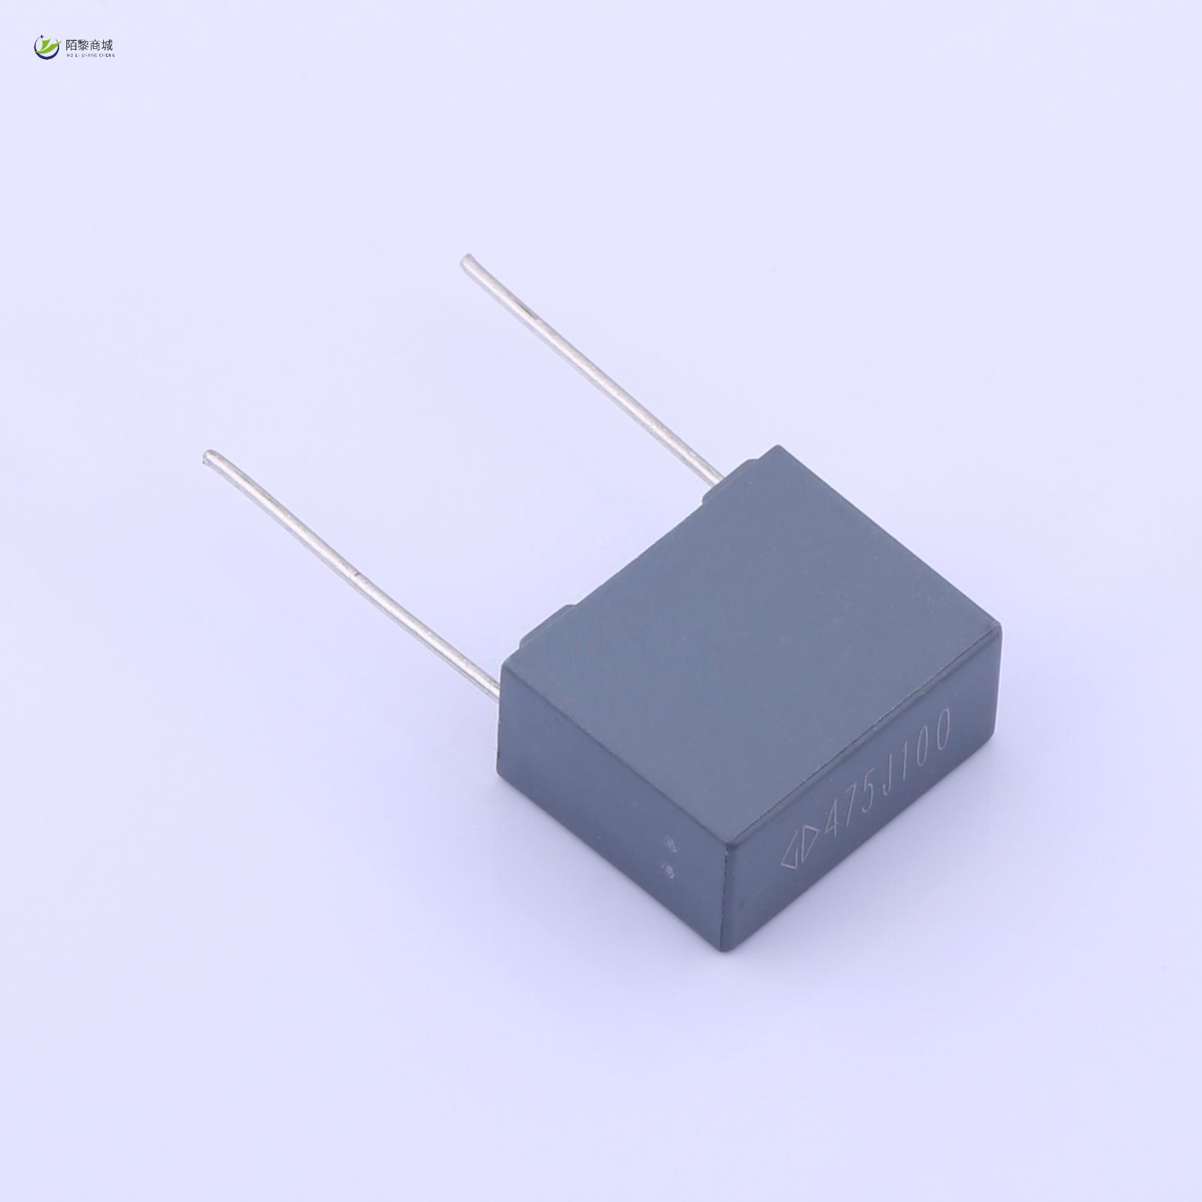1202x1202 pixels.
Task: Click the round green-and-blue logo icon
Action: (x=48, y=48)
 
